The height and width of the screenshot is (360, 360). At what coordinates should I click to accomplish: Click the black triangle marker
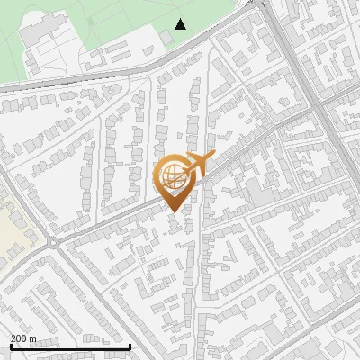click(181, 24)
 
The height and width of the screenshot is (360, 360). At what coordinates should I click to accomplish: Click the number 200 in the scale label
click(19, 338)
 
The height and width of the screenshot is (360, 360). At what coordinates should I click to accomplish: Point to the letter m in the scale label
click(33, 338)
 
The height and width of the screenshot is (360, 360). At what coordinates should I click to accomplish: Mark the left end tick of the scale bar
click(10, 346)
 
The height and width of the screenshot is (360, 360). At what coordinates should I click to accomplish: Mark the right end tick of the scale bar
click(130, 346)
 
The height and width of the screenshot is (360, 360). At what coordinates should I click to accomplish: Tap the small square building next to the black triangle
click(166, 37)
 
